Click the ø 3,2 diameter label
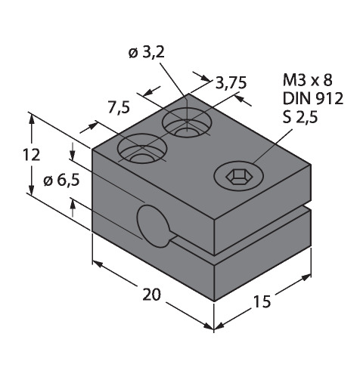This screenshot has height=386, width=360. pyautogui.click(x=147, y=53)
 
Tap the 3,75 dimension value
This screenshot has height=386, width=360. pyautogui.click(x=231, y=83)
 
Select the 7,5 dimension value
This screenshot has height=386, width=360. pyautogui.click(x=119, y=107)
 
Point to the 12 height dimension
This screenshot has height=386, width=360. pyautogui.click(x=32, y=155)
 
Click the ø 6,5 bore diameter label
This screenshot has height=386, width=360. pyautogui.click(x=61, y=180)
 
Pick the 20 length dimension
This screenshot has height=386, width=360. pyautogui.click(x=151, y=295)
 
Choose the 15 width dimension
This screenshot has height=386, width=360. pyautogui.click(x=262, y=301)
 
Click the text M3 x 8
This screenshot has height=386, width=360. pyautogui.click(x=308, y=80)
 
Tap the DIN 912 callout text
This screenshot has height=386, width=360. pyautogui.click(x=313, y=98)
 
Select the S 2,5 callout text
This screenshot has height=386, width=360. pyautogui.click(x=300, y=117)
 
